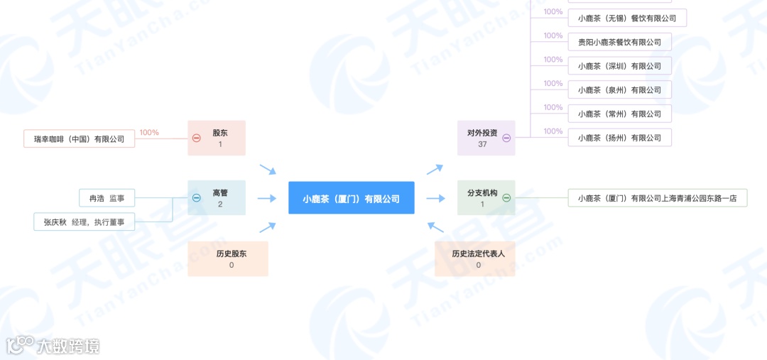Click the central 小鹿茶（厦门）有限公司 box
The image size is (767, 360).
point(351,198)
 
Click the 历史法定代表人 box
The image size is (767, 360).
point(478,258)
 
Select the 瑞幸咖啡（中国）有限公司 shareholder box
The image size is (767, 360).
point(79,139)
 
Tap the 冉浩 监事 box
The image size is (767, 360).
point(107,198)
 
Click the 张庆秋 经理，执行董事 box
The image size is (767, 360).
point(84,222)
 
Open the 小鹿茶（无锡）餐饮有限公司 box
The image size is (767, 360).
point(627,18)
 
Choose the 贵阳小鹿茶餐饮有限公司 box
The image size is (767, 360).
point(619,42)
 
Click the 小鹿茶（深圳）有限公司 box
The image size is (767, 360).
point(619,66)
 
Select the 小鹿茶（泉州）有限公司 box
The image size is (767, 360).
point(619,90)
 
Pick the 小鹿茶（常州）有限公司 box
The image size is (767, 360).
point(619,114)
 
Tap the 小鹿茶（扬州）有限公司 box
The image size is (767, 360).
point(619,138)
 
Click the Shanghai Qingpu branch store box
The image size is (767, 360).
point(658,198)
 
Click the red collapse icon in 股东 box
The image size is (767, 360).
point(197,138)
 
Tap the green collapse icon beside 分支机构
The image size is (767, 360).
point(506,198)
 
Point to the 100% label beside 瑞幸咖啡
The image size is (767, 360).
point(149,132)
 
